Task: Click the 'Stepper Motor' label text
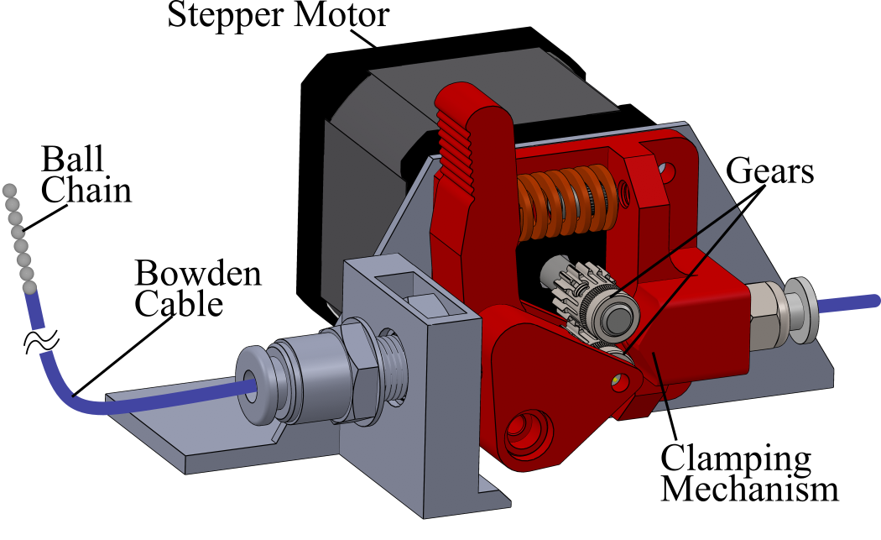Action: [278, 15]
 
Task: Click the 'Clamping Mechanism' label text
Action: [748, 474]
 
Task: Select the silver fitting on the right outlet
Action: [780, 312]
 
